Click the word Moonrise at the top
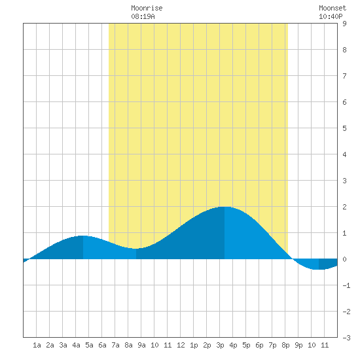(147, 8)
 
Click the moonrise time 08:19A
(143, 16)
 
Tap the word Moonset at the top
(333, 8)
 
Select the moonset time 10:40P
(331, 16)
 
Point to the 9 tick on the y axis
(344, 24)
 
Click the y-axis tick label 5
(344, 128)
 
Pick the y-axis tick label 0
(344, 259)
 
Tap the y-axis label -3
(346, 338)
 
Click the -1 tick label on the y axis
(346, 285)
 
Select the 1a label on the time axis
(37, 345)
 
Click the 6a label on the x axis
(102, 345)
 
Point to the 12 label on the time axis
(181, 345)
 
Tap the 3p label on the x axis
(220, 345)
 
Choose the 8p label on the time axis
(285, 345)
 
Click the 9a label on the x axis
(141, 345)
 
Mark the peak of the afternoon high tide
(225, 207)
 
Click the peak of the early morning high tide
(83, 236)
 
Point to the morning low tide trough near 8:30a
(136, 249)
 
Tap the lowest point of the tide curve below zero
(319, 269)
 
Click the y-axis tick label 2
(344, 207)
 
